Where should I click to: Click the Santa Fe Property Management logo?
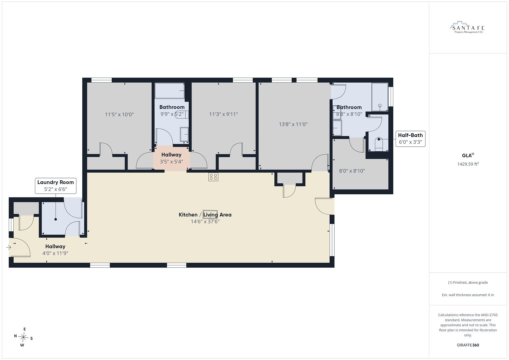(x=467, y=27)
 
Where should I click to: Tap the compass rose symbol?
(x=23, y=337)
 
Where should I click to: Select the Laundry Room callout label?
(x=56, y=186)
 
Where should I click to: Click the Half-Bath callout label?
(x=410, y=139)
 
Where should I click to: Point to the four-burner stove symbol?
(x=213, y=177)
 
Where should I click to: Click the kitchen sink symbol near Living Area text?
(x=210, y=214)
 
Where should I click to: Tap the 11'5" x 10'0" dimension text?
(x=119, y=114)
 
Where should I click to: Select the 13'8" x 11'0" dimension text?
(x=293, y=124)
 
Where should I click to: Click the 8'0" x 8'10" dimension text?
(x=352, y=171)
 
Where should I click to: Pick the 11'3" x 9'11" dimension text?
(x=224, y=114)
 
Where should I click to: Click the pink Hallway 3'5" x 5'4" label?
(x=171, y=158)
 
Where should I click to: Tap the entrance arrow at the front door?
(x=9, y=247)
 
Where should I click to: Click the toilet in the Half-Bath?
(x=379, y=144)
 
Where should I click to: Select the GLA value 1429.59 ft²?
(x=468, y=164)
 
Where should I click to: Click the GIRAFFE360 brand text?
(x=468, y=345)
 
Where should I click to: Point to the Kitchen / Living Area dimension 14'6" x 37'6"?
(x=205, y=222)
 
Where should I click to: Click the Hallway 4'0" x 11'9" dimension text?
(x=55, y=253)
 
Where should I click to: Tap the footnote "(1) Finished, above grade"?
(x=468, y=283)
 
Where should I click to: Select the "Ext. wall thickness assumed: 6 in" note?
(x=468, y=295)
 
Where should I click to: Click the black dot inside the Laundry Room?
(x=56, y=219)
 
